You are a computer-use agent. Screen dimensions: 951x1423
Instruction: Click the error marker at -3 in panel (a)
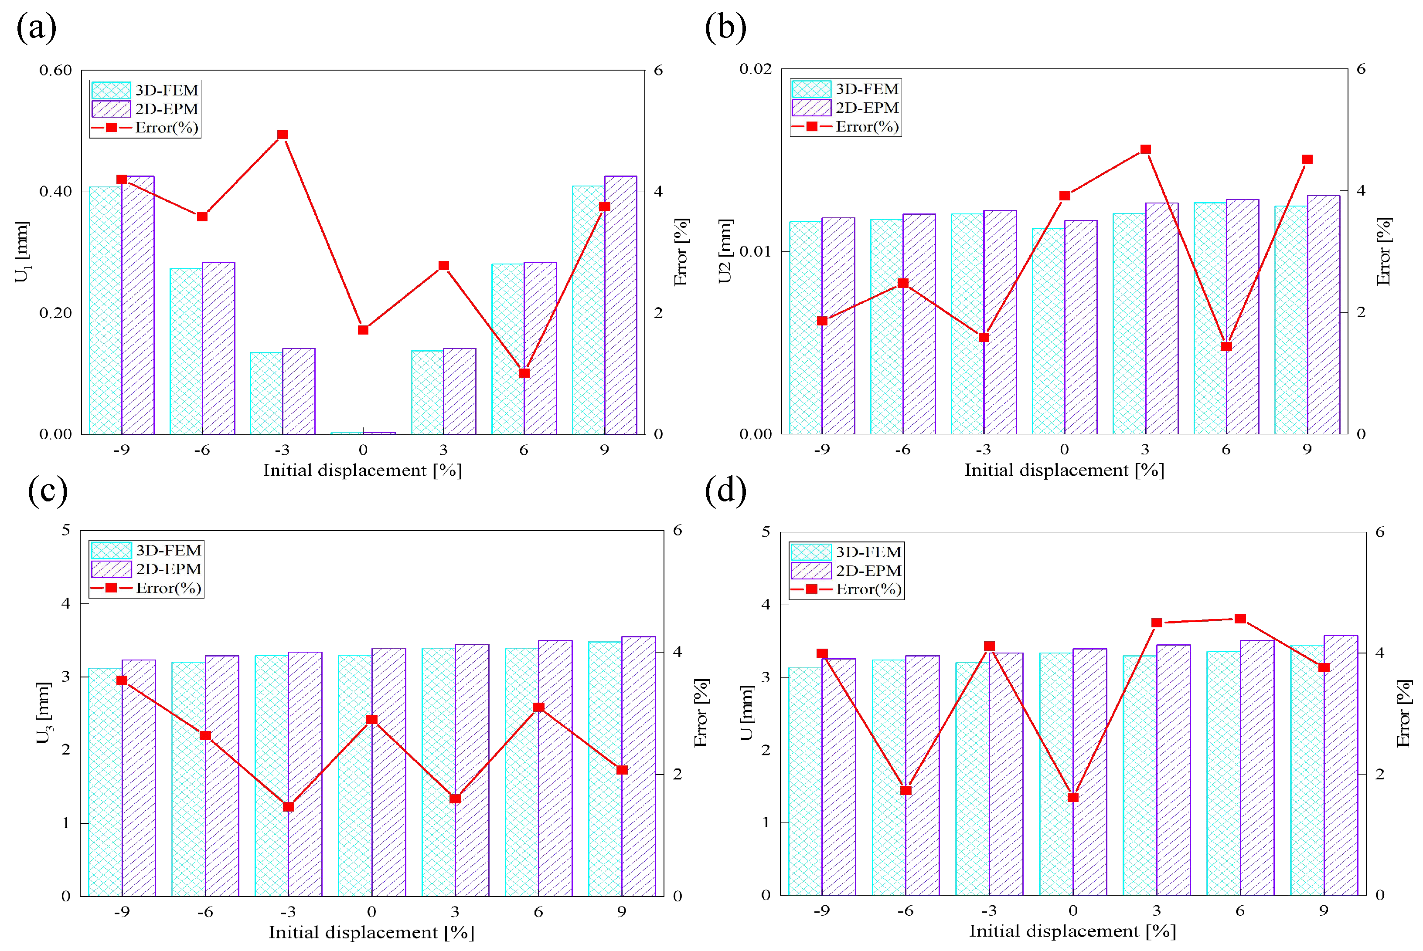(282, 135)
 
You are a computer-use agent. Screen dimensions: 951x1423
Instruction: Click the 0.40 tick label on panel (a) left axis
(55, 192)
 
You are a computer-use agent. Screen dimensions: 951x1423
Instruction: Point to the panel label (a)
(37, 28)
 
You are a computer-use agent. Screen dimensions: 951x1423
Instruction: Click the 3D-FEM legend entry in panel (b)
(845, 89)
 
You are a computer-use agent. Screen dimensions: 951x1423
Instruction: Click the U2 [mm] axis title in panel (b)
(725, 251)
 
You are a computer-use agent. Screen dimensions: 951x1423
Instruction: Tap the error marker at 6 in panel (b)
(1226, 347)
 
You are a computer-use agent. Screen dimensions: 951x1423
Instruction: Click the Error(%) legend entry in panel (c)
(146, 588)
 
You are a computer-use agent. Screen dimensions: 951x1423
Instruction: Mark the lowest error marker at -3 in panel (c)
(288, 807)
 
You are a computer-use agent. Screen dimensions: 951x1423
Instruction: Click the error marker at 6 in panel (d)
(1240, 619)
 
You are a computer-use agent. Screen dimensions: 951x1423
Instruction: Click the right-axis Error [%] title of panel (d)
(1403, 713)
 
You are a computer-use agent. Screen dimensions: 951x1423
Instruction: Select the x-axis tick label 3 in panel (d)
(1156, 910)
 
